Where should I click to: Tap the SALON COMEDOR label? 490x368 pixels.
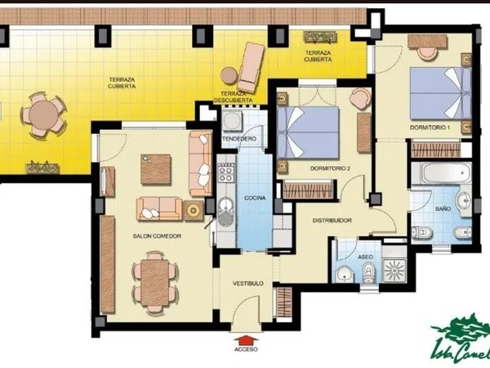point(157,236)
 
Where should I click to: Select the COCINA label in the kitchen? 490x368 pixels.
point(255,198)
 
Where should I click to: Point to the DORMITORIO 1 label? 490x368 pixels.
point(430,128)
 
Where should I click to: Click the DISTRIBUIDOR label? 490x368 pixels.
point(332,221)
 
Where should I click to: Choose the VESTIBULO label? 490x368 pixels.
point(248,284)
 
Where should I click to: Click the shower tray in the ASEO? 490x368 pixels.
point(394,270)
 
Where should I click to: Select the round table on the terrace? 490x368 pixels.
point(44,115)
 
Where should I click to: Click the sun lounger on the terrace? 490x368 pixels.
point(251,67)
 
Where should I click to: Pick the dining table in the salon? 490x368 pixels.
point(154,283)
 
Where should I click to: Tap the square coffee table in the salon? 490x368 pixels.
point(156,169)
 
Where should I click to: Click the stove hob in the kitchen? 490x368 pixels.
point(226,173)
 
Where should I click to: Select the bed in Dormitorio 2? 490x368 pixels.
point(308,132)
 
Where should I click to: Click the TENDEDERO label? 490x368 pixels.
point(239,139)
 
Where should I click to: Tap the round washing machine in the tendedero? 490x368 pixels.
point(232,119)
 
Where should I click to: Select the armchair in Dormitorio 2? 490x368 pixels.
point(360,99)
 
